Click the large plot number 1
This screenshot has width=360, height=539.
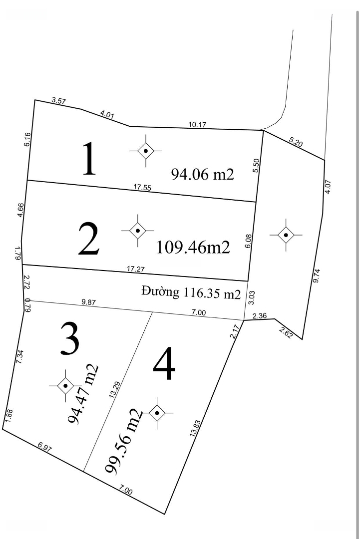[x=89, y=159]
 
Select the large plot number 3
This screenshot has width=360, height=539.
[x=70, y=338]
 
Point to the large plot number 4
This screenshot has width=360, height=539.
[x=164, y=363]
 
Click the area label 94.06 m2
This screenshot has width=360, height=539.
[x=203, y=174]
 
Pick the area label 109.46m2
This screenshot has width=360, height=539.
[x=193, y=247]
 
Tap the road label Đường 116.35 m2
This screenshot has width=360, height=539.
[x=191, y=293]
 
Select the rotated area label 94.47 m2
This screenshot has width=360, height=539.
[x=83, y=394]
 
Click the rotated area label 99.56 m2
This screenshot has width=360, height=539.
[x=123, y=441]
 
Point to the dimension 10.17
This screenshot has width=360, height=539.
[x=198, y=125]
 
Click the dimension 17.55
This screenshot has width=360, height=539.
[x=142, y=188]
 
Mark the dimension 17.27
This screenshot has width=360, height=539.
[x=136, y=269]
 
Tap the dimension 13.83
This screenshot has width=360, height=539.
[x=195, y=428]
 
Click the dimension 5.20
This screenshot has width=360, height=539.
[x=296, y=142]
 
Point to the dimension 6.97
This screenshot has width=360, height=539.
[x=45, y=447]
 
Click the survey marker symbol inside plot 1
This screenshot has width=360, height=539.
[x=146, y=151]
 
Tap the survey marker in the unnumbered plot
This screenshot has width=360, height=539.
[x=286, y=235]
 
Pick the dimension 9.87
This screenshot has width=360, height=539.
[x=89, y=302]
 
